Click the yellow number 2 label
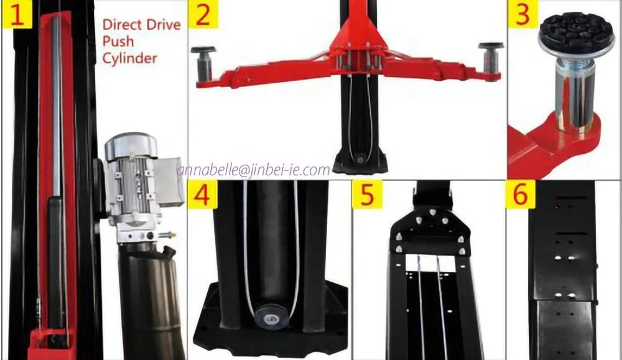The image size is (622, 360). pyautogui.click(x=203, y=15)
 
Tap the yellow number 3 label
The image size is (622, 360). pyautogui.click(x=521, y=15)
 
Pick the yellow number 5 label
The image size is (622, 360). pyautogui.click(x=366, y=195)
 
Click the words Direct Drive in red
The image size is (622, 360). pyautogui.click(x=141, y=25)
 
